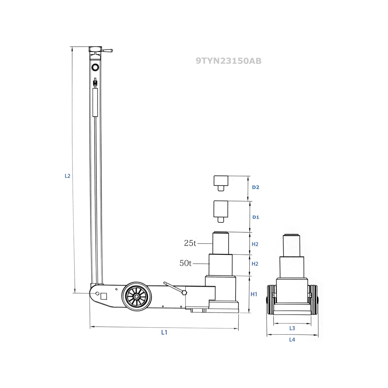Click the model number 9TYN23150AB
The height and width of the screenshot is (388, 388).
(229, 61)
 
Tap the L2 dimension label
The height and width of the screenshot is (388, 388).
(67, 176)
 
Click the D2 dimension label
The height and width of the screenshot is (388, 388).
(255, 187)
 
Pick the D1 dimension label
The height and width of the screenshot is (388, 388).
(255, 217)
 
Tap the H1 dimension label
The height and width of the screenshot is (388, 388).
(254, 294)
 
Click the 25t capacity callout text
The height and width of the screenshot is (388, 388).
(190, 243)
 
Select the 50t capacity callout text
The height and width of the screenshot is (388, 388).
(185, 263)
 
